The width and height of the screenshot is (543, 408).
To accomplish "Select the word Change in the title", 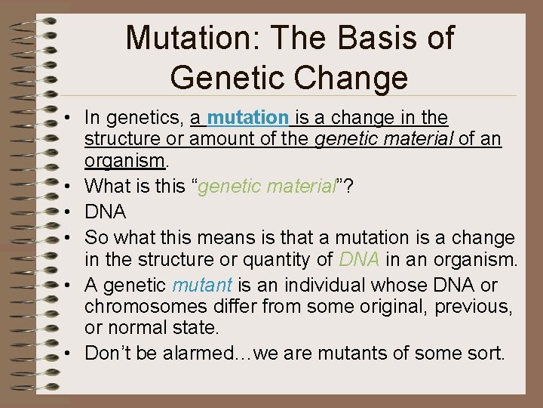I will pyautogui.click(x=354, y=77).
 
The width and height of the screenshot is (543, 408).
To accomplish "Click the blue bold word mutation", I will pyautogui.click(x=248, y=118).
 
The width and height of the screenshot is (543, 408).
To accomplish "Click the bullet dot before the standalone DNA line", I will pyautogui.click(x=69, y=213).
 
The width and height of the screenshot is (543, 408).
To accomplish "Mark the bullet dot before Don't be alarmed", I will pyautogui.click(x=69, y=353).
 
